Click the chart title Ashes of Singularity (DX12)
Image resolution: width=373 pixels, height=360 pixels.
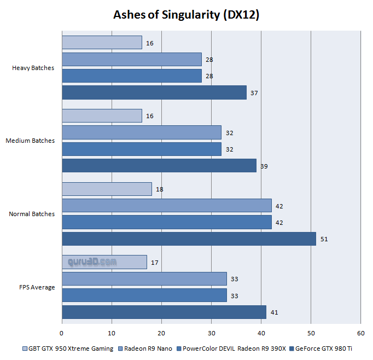point(186,15)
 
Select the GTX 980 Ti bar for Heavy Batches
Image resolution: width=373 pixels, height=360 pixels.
point(154,93)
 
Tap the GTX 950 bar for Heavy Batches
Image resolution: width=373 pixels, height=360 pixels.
point(102,43)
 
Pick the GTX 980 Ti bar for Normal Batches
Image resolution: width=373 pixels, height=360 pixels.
point(189,239)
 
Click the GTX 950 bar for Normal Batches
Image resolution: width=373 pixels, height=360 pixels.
point(107,189)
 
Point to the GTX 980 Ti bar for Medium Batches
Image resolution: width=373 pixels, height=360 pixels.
point(159,166)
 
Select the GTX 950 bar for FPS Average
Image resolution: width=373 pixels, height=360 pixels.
point(104,262)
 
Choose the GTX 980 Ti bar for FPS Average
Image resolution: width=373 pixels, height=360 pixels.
point(164,312)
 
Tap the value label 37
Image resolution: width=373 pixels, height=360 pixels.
point(254,93)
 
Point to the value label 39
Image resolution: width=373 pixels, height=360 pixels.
point(264,166)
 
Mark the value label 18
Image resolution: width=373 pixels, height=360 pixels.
point(159,189)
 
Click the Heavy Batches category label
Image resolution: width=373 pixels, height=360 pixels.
point(33,68)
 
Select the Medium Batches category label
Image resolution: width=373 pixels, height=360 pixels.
point(30,141)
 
